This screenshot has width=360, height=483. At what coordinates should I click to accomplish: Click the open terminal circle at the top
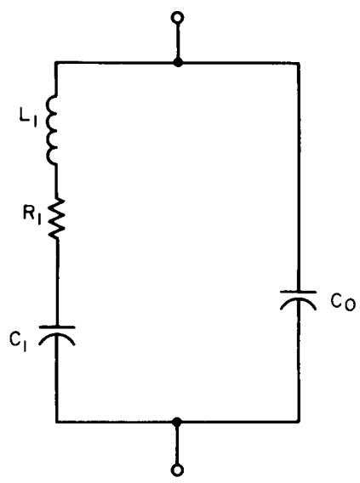click(x=178, y=18)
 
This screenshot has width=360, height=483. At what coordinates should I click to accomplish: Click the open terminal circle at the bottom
click(x=177, y=470)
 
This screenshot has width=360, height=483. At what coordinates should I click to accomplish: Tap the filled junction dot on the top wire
click(x=178, y=63)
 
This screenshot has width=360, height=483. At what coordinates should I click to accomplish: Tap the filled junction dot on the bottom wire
click(x=177, y=422)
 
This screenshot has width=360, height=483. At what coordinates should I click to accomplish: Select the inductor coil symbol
click(x=52, y=130)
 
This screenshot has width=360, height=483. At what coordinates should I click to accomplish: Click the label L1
click(x=28, y=118)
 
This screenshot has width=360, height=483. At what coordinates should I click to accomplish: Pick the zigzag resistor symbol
click(x=57, y=219)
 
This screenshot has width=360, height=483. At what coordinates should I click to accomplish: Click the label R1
click(x=32, y=214)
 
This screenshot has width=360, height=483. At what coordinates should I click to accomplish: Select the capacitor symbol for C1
click(x=56, y=336)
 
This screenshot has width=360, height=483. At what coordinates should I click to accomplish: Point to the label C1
click(x=18, y=341)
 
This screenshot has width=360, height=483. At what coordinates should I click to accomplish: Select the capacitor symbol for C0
click(x=298, y=300)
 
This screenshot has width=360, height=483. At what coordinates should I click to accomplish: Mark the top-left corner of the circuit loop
click(x=56, y=63)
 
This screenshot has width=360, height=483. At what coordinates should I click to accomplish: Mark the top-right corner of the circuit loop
click(x=299, y=64)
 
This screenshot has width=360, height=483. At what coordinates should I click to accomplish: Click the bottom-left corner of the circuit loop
click(x=57, y=422)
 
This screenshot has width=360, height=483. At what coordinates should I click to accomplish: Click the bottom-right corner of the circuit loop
click(x=299, y=422)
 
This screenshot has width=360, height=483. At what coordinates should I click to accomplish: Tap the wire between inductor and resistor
click(x=56, y=182)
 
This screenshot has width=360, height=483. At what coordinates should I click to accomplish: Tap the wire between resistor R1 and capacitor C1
click(x=57, y=282)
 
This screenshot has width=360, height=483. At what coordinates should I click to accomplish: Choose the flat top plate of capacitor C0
click(x=298, y=292)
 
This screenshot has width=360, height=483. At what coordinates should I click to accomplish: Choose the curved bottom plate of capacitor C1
click(x=56, y=337)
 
